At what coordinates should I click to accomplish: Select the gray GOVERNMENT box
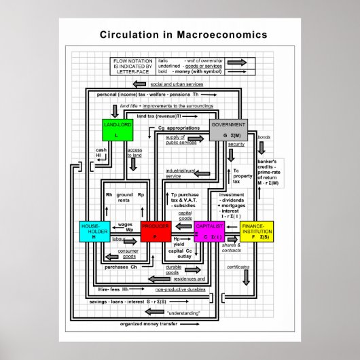pos(228,130)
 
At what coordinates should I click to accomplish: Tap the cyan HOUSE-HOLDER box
pos(94,232)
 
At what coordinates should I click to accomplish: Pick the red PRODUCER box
pos(155,232)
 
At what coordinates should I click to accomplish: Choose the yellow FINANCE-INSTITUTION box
pos(256,232)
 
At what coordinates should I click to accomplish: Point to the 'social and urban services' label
pos(178,84)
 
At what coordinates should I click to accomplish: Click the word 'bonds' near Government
pos(264,138)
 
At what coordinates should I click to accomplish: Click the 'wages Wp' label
pos(125,227)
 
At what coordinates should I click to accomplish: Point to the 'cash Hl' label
pos(101,152)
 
